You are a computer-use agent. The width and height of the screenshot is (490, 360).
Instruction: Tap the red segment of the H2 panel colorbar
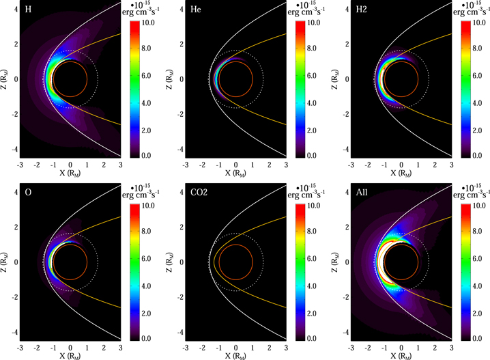pyautogui.click(x=466, y=27)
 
